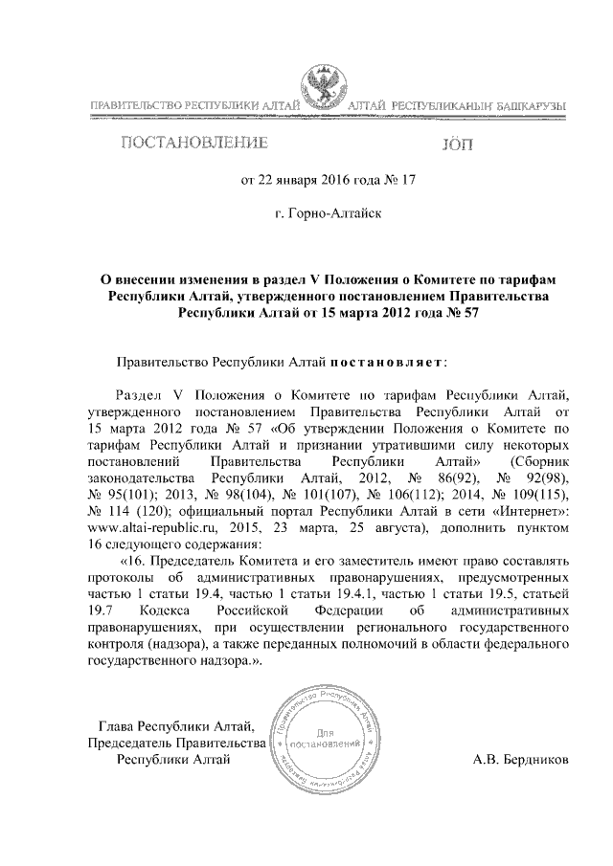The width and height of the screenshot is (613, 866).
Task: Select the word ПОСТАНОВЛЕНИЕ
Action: click(193, 144)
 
